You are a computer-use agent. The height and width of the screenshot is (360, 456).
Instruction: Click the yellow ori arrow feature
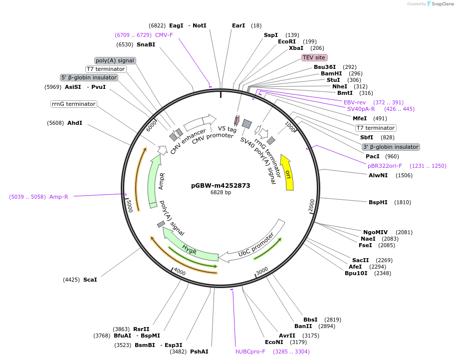(x=287, y=173)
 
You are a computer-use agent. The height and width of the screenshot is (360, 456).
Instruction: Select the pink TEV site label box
(x=314, y=57)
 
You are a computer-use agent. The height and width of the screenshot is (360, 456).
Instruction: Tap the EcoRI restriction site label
(x=287, y=41)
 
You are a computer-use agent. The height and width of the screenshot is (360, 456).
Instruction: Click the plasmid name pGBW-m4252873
(x=221, y=185)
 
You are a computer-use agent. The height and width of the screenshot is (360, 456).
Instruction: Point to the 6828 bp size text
(x=221, y=192)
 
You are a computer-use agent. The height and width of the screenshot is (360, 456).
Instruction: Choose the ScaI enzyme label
(x=90, y=280)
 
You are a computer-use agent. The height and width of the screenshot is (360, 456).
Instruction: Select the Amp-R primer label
(x=58, y=197)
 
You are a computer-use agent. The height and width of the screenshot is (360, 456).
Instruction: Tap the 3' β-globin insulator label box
(x=391, y=147)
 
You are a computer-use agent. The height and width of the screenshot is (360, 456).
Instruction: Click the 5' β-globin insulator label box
(x=89, y=77)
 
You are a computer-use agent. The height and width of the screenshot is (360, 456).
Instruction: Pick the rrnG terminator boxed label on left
(x=73, y=104)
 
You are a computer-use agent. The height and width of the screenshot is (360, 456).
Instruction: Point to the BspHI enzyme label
(x=378, y=202)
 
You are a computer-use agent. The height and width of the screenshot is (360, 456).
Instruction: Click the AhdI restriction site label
(x=75, y=123)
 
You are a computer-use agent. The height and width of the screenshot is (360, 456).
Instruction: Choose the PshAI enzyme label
(x=199, y=352)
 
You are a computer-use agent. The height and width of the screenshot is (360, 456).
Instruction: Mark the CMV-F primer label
(x=164, y=35)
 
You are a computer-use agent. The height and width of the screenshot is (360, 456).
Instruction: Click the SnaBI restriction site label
(x=146, y=44)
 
